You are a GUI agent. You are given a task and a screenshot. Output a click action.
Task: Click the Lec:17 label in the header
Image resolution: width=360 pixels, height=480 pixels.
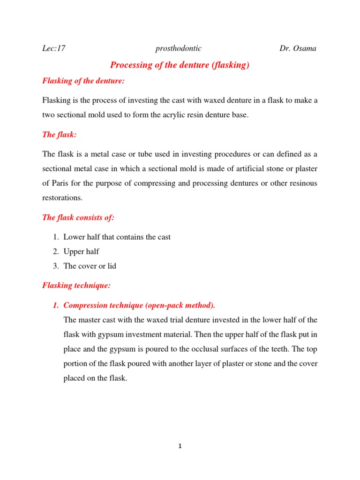pyautogui.click(x=53, y=48)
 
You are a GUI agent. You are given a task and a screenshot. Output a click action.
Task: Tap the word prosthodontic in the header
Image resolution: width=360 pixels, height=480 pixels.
pyautogui.click(x=178, y=48)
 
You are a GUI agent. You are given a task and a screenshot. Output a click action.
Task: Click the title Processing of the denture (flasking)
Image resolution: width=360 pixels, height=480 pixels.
pyautogui.click(x=179, y=65)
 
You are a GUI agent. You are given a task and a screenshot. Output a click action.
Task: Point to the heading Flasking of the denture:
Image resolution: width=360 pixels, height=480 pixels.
pyautogui.click(x=83, y=81)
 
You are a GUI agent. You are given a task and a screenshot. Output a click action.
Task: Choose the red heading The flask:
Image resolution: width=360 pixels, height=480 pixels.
pyautogui.click(x=60, y=135)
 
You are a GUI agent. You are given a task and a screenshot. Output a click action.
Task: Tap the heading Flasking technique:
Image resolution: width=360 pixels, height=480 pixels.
pyautogui.click(x=76, y=285)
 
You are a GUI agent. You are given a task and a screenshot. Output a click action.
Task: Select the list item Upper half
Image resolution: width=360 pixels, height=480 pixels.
pyautogui.click(x=81, y=252)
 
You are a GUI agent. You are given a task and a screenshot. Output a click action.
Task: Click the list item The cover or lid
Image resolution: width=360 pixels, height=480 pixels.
pyautogui.click(x=90, y=266)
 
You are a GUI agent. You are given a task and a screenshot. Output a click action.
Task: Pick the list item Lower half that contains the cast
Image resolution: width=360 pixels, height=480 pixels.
pyautogui.click(x=117, y=237)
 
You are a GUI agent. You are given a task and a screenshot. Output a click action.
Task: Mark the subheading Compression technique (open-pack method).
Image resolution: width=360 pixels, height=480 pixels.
pyautogui.click(x=139, y=306)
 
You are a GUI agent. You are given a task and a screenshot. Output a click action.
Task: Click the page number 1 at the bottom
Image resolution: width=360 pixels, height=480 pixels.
pyautogui.click(x=180, y=446)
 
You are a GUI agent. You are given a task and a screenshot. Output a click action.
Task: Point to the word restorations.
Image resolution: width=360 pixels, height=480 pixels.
pyautogui.click(x=62, y=198)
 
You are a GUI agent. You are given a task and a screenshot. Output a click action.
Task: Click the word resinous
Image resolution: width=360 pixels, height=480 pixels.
pyautogui.click(x=301, y=183)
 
